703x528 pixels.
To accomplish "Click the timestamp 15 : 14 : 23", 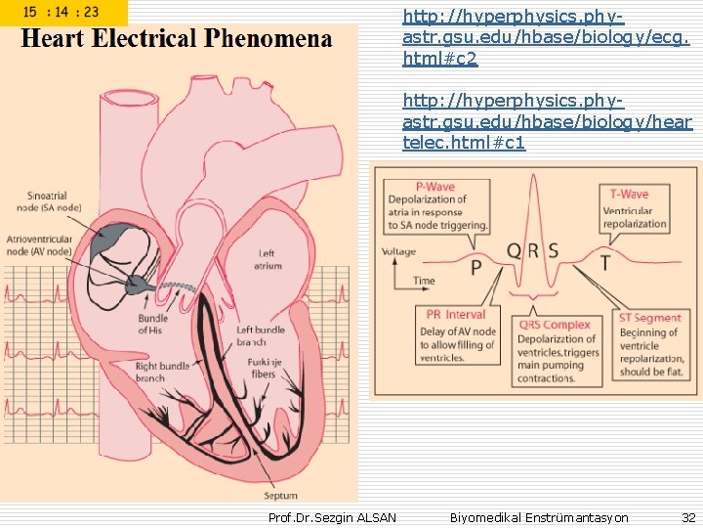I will pyautogui.click(x=61, y=13).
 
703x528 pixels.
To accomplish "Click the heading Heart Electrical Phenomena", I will pyautogui.click(x=177, y=39).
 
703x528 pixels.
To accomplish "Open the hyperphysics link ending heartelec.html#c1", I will pyautogui.click(x=547, y=125).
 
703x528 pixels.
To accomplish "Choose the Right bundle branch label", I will pyautogui.click(x=162, y=373).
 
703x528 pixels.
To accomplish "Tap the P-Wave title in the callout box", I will pyautogui.click(x=435, y=186).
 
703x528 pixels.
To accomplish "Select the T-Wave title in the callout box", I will pyautogui.click(x=630, y=194).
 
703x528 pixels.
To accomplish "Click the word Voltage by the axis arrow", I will pyautogui.click(x=399, y=251).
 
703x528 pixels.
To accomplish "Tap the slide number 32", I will pyautogui.click(x=688, y=517).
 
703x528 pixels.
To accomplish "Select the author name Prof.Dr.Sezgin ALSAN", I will pyautogui.click(x=332, y=517).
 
